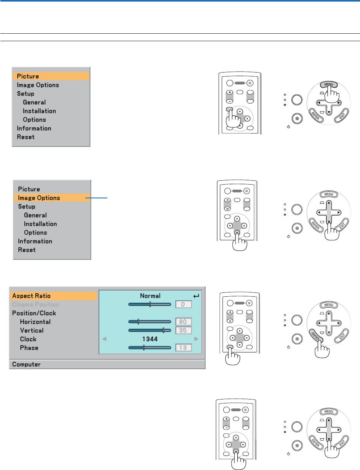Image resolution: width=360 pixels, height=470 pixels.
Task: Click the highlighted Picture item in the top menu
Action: (28, 76)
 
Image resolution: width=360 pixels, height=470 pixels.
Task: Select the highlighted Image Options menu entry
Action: (39, 198)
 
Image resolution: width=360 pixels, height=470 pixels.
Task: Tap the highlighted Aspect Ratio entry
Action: (31, 296)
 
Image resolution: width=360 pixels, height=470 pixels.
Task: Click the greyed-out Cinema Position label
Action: (36, 305)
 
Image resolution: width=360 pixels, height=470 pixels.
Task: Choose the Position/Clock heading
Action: (34, 313)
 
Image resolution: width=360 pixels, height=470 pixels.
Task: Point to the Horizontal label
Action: (35, 322)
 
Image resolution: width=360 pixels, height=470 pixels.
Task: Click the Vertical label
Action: (32, 330)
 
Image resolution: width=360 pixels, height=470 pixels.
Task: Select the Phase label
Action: (29, 348)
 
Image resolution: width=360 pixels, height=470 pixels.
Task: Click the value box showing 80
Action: (183, 322)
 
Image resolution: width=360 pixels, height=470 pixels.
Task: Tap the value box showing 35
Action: (183, 330)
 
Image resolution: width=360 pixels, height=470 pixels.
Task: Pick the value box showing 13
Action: (183, 348)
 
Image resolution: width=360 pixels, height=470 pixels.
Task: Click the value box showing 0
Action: (183, 304)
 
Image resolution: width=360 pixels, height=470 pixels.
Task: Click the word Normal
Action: (150, 296)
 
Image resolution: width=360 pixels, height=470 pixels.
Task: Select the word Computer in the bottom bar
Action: (26, 365)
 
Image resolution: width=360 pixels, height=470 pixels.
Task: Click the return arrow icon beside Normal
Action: (196, 296)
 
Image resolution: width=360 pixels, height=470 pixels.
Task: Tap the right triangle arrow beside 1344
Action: (196, 339)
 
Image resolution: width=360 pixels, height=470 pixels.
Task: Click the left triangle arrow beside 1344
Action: (104, 339)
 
